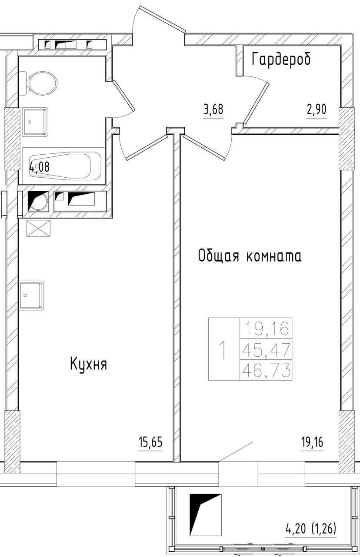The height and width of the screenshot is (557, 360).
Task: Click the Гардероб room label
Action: tap(281, 59)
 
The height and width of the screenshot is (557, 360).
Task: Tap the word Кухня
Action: tap(89, 364)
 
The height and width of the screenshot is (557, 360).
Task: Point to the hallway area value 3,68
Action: tap(213, 109)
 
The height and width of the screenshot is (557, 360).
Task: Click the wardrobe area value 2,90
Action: tap(317, 109)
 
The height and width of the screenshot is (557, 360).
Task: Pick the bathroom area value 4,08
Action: tap(40, 166)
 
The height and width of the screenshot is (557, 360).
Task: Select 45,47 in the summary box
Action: tap(266, 349)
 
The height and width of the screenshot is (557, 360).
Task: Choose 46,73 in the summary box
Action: tap(266, 370)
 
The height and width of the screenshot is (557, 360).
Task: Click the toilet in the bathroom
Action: tap(38, 83)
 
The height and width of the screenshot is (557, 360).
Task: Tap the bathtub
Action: tap(64, 166)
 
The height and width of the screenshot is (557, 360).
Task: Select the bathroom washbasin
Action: tap(35, 122)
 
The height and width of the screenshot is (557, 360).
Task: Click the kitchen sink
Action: tap(32, 295)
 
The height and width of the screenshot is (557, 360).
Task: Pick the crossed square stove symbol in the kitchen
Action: tap(39, 229)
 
